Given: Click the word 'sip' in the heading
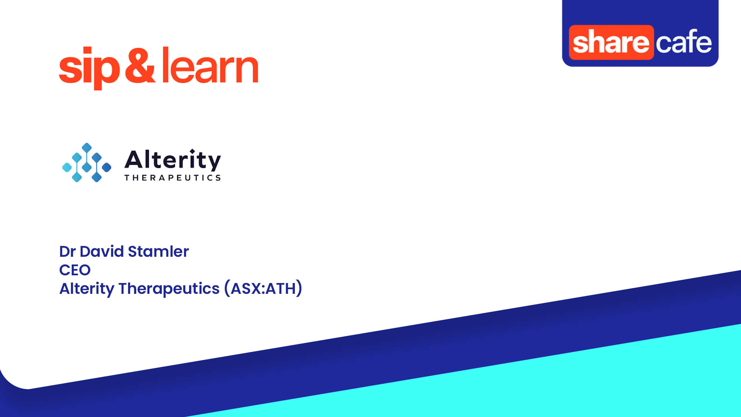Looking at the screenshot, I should (89, 68).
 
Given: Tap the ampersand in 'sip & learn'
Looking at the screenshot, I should (140, 66).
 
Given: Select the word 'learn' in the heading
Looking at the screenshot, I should (210, 66).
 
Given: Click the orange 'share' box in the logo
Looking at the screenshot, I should (611, 42).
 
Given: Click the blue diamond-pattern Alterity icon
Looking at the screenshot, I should (87, 163).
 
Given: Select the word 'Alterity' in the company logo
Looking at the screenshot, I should (173, 160).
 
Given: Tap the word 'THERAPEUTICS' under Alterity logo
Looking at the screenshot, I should (173, 178).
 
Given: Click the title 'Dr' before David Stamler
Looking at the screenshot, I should (67, 251).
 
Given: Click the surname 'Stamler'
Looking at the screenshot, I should (158, 251).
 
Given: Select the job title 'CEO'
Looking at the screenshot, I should (75, 270).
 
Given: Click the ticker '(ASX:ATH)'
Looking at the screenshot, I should (263, 288).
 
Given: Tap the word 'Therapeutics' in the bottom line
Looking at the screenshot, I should (169, 288).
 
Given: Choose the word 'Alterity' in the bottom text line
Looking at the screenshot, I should (86, 288).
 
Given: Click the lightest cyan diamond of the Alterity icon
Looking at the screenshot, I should (67, 167).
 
